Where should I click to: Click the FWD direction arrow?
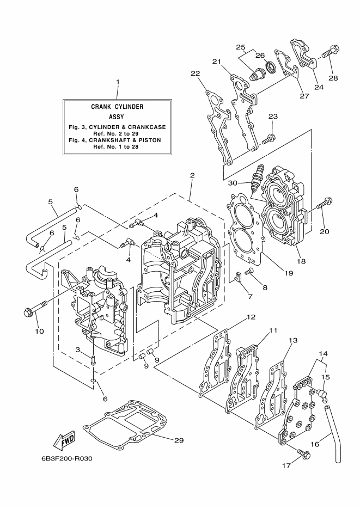click(x=64, y=440)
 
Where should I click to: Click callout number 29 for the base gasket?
click(x=179, y=440)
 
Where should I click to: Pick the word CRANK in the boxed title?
click(x=99, y=107)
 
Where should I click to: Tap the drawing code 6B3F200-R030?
click(x=67, y=459)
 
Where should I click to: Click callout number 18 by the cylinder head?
click(x=301, y=261)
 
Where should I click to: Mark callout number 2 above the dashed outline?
click(x=192, y=175)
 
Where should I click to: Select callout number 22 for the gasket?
click(x=196, y=73)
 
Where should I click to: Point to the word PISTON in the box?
click(x=153, y=140)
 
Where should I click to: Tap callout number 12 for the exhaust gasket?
click(x=251, y=317)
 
